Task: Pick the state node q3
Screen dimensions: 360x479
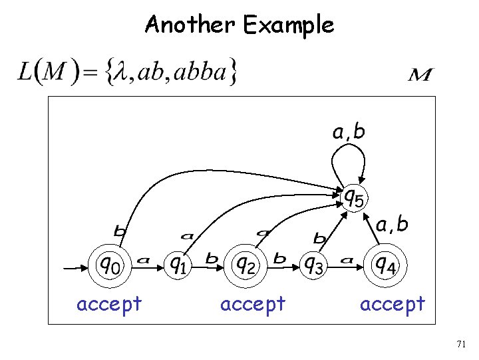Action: click(314, 266)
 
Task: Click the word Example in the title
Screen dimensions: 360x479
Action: click(288, 26)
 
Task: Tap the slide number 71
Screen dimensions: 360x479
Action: click(461, 344)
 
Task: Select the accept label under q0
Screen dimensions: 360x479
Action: click(109, 304)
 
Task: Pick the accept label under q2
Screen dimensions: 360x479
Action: click(252, 304)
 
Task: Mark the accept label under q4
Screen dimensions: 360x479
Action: click(392, 304)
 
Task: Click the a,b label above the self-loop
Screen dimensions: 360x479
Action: click(349, 132)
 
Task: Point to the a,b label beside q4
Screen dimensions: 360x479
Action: click(392, 225)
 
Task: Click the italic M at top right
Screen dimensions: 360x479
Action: click(420, 74)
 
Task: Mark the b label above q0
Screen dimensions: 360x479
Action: click(120, 231)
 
